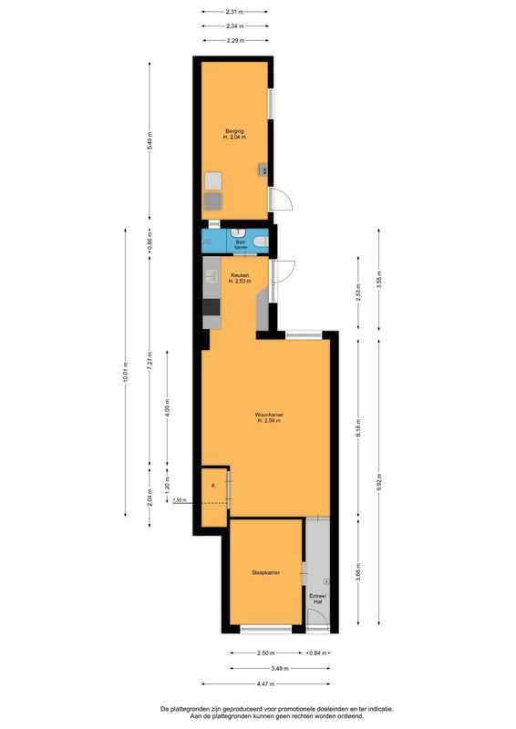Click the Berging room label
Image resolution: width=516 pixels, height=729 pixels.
pyautogui.click(x=235, y=134)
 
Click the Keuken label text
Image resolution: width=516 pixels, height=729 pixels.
pyautogui.click(x=238, y=277)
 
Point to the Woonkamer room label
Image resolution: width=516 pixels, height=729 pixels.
pyautogui.click(x=268, y=417)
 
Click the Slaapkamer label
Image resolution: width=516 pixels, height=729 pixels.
pyautogui.click(x=265, y=572)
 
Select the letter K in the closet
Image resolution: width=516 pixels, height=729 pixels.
pyautogui.click(x=213, y=486)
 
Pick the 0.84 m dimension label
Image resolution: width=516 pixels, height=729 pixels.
pyautogui.click(x=316, y=652)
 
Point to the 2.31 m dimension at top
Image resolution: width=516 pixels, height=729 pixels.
pyautogui.click(x=234, y=12)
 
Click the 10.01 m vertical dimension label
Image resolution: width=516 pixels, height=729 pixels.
pyautogui.click(x=127, y=373)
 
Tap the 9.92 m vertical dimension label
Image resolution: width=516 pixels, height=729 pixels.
pyautogui.click(x=380, y=484)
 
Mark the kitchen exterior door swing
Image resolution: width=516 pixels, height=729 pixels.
pyautogui.click(x=283, y=272)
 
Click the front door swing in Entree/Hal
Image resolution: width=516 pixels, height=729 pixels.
pyautogui.click(x=316, y=621)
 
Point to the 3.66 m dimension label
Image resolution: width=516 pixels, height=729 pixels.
pyautogui.click(x=358, y=573)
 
